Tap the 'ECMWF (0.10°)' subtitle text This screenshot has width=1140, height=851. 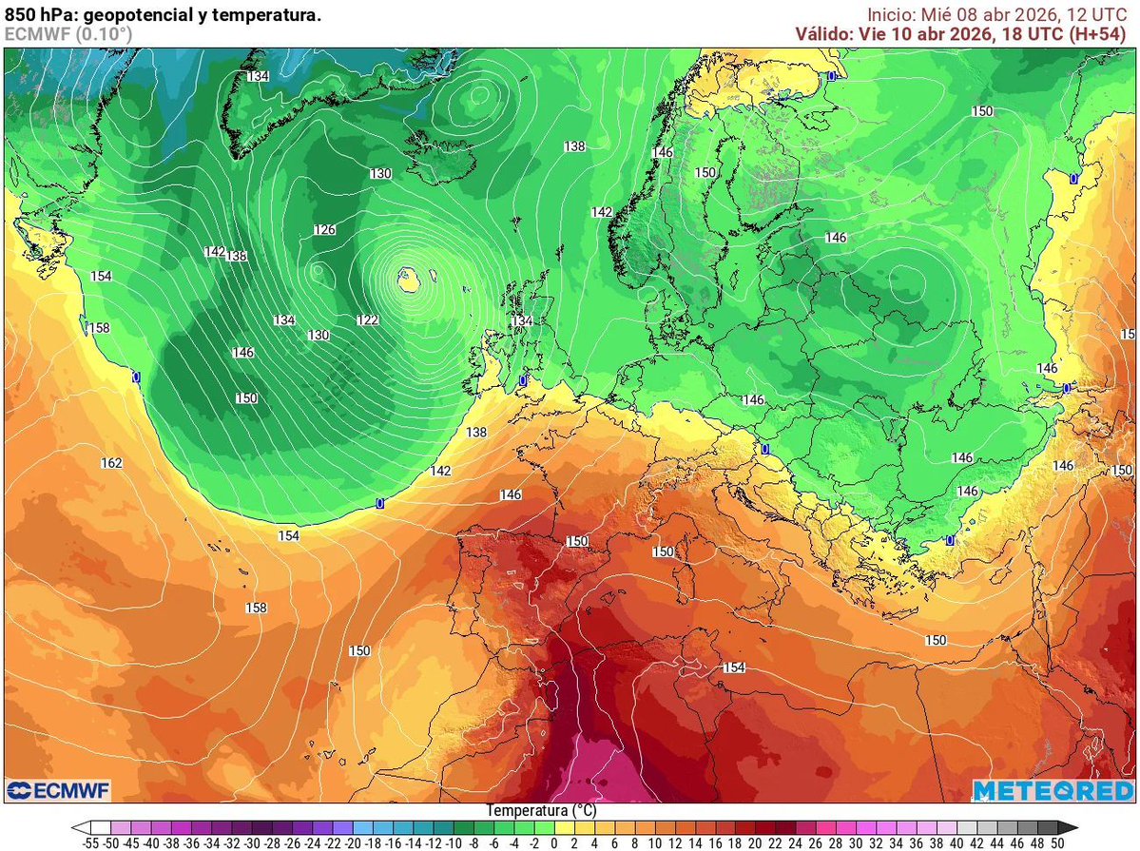click(68, 34)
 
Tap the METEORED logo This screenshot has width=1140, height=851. click(1053, 790)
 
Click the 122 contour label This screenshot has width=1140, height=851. click(368, 320)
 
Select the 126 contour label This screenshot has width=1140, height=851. click(325, 230)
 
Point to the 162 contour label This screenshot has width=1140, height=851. click(111, 463)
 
